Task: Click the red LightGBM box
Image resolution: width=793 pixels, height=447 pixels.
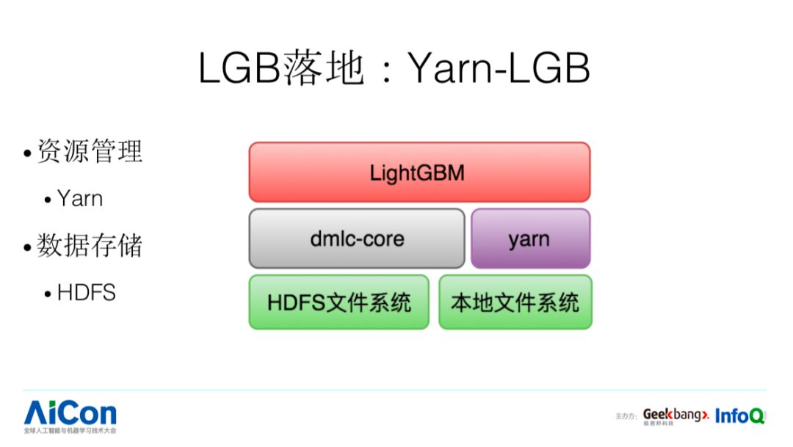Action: point(419,172)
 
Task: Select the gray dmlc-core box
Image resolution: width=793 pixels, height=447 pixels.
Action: point(357,239)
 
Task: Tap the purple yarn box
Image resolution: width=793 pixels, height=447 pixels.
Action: point(530,239)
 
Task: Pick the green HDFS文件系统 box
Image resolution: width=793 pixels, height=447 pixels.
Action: point(338,302)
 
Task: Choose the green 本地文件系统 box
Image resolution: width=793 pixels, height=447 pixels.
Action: point(515,302)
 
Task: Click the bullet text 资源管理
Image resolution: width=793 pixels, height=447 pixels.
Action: point(90,151)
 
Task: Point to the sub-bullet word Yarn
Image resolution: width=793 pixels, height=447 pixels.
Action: point(80,198)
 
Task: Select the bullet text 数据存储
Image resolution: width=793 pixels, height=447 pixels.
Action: point(90,246)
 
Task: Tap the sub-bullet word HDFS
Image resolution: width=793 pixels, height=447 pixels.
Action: point(87,293)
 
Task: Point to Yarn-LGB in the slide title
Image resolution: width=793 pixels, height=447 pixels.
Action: point(499,69)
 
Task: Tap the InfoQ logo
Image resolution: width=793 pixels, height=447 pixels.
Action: point(739,415)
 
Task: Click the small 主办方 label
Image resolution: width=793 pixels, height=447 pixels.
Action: point(626,417)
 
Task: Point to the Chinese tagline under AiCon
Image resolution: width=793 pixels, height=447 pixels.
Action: point(70,430)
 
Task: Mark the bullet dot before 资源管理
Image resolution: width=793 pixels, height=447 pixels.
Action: point(27,153)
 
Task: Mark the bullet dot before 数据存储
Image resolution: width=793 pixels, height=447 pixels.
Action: point(27,248)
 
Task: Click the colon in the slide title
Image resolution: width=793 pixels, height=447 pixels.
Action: point(387,72)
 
